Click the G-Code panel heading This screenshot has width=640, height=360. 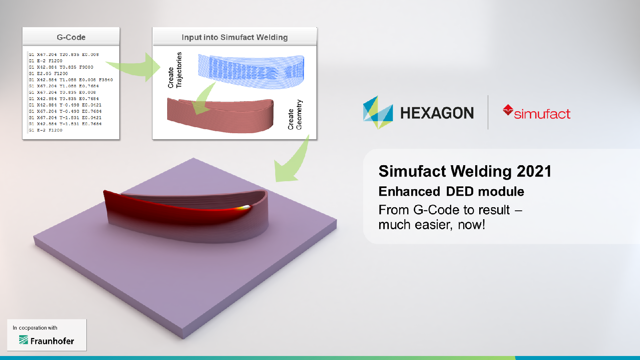71,37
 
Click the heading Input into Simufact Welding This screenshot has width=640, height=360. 234,37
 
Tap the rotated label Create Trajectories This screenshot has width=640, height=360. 175,70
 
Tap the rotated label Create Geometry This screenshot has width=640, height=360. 295,115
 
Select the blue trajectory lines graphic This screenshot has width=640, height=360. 251,71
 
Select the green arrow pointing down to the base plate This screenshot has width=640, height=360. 294,162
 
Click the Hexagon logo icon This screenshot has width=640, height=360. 378,113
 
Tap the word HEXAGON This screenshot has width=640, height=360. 437,113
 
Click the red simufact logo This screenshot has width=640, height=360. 537,113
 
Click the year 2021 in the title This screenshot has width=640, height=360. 534,171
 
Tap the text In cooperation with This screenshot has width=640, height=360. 35,328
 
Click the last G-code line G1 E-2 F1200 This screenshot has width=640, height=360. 46,130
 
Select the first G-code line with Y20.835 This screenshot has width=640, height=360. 64,54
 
